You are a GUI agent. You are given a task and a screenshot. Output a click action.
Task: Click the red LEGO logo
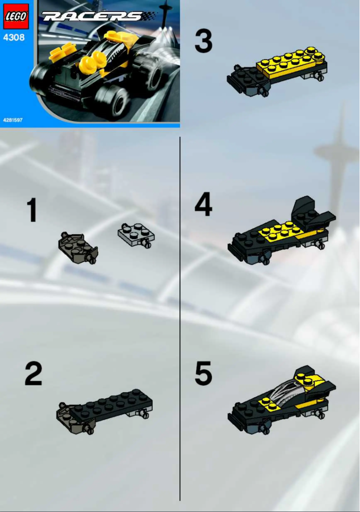click(16, 17)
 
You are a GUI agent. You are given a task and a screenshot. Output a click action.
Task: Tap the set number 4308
click(14, 38)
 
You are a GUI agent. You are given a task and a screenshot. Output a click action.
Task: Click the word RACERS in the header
click(92, 17)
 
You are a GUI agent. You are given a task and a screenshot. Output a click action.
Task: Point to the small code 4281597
click(13, 120)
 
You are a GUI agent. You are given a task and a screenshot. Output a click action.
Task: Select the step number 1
click(32, 210)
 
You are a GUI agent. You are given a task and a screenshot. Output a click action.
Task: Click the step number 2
click(33, 374)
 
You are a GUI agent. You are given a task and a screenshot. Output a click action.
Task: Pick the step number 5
click(203, 374)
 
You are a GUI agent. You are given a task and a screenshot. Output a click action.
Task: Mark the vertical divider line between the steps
click(180, 314)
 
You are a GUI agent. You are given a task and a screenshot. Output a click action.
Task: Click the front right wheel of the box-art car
click(111, 99)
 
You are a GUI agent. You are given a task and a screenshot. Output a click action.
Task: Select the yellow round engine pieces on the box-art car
click(92, 62)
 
